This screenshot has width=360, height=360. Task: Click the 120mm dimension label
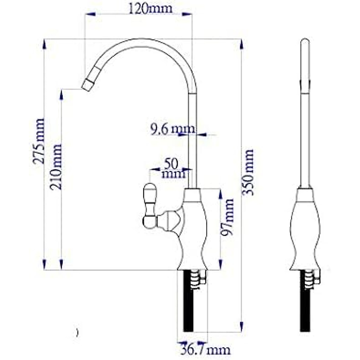[150, 9]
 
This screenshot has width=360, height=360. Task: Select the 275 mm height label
[38, 141]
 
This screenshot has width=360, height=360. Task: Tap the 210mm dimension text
[55, 167]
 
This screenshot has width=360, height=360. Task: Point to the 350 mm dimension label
[247, 172]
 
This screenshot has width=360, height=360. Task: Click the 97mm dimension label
[227, 217]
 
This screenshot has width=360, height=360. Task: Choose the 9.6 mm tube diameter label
[172, 129]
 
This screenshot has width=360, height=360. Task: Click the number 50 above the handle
[171, 164]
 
